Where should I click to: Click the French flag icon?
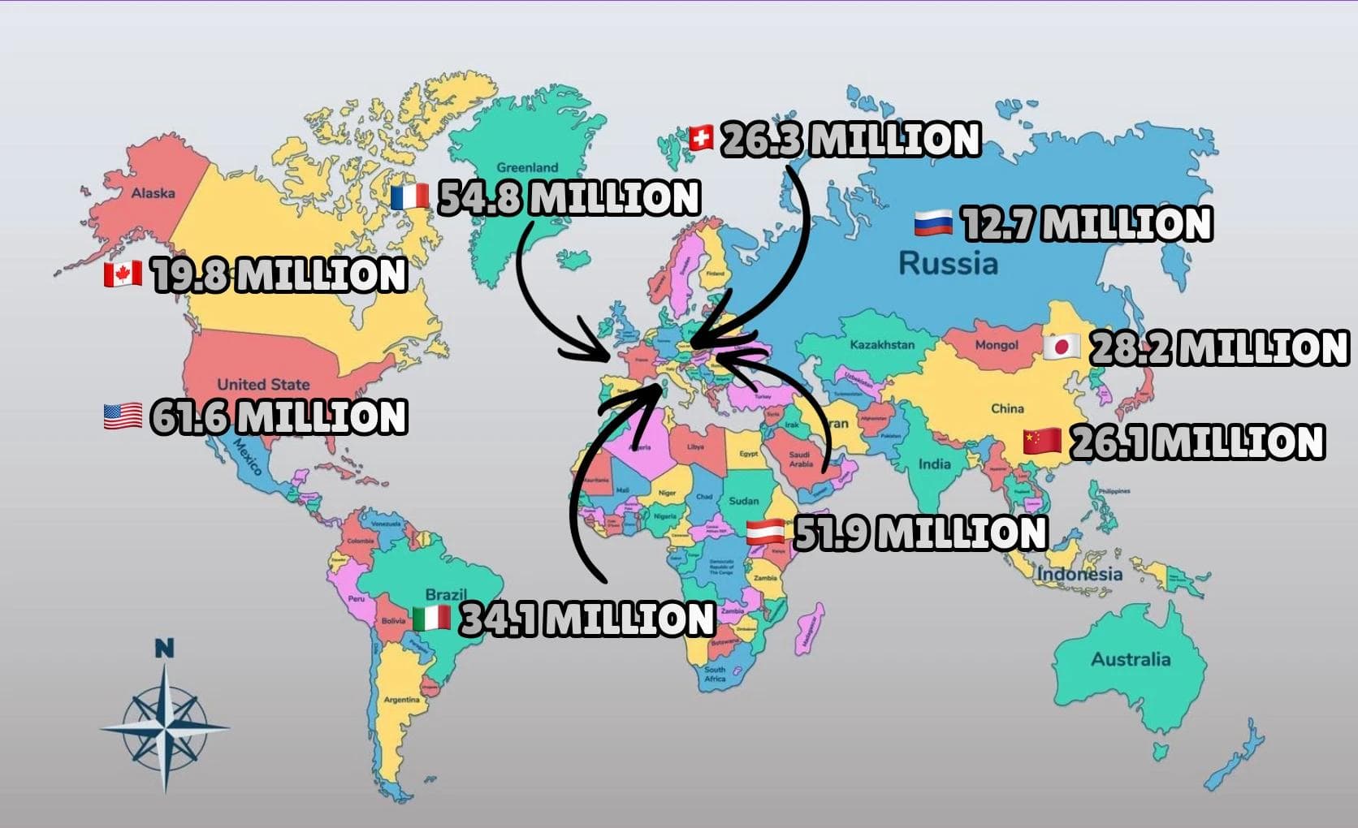(409, 197)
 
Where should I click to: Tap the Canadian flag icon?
(123, 274)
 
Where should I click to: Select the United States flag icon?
(123, 416)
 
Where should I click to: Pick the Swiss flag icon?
(700, 138)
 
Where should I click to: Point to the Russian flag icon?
(932, 223)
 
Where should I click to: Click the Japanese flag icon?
(1061, 347)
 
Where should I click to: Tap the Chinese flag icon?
(1042, 442)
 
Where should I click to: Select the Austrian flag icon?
(765, 533)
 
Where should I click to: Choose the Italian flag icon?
(431, 619)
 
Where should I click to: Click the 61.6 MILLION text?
(279, 416)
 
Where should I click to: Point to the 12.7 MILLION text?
(1086, 224)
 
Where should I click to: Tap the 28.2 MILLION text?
(1217, 347)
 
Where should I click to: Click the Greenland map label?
(527, 168)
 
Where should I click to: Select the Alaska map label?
(153, 193)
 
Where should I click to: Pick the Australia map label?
(1131, 659)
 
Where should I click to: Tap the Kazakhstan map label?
(882, 345)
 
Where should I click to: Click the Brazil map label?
(446, 595)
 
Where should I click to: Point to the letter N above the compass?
(164, 649)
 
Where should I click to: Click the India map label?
(934, 464)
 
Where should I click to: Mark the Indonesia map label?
(1079, 574)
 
